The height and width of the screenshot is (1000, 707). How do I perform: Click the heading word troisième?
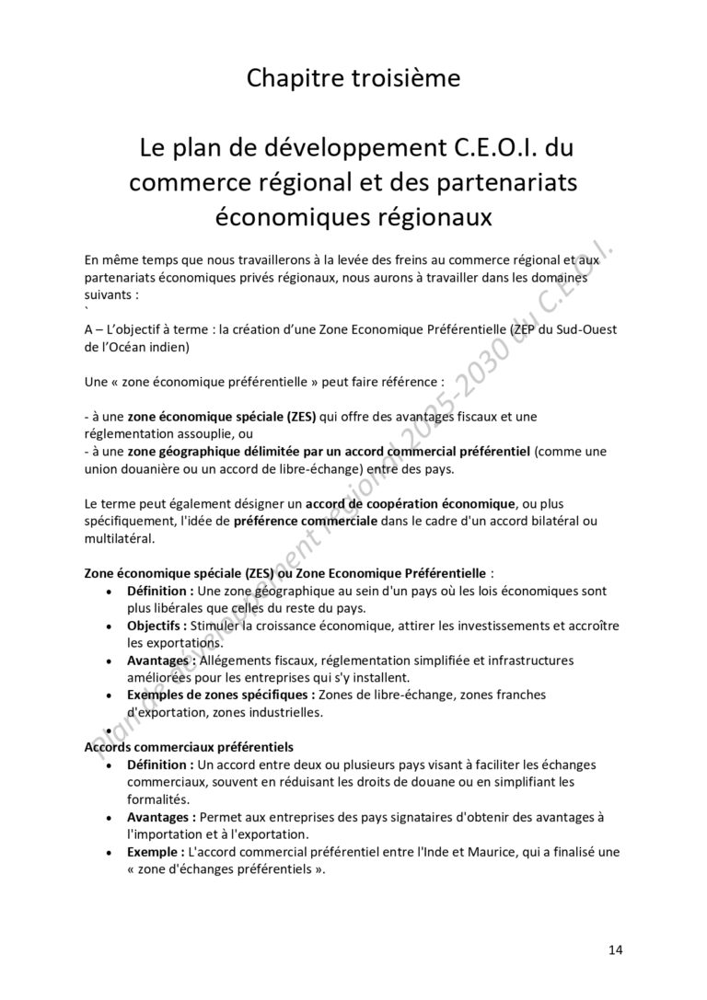pos(405,79)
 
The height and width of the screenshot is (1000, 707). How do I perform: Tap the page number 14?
pos(616,948)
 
